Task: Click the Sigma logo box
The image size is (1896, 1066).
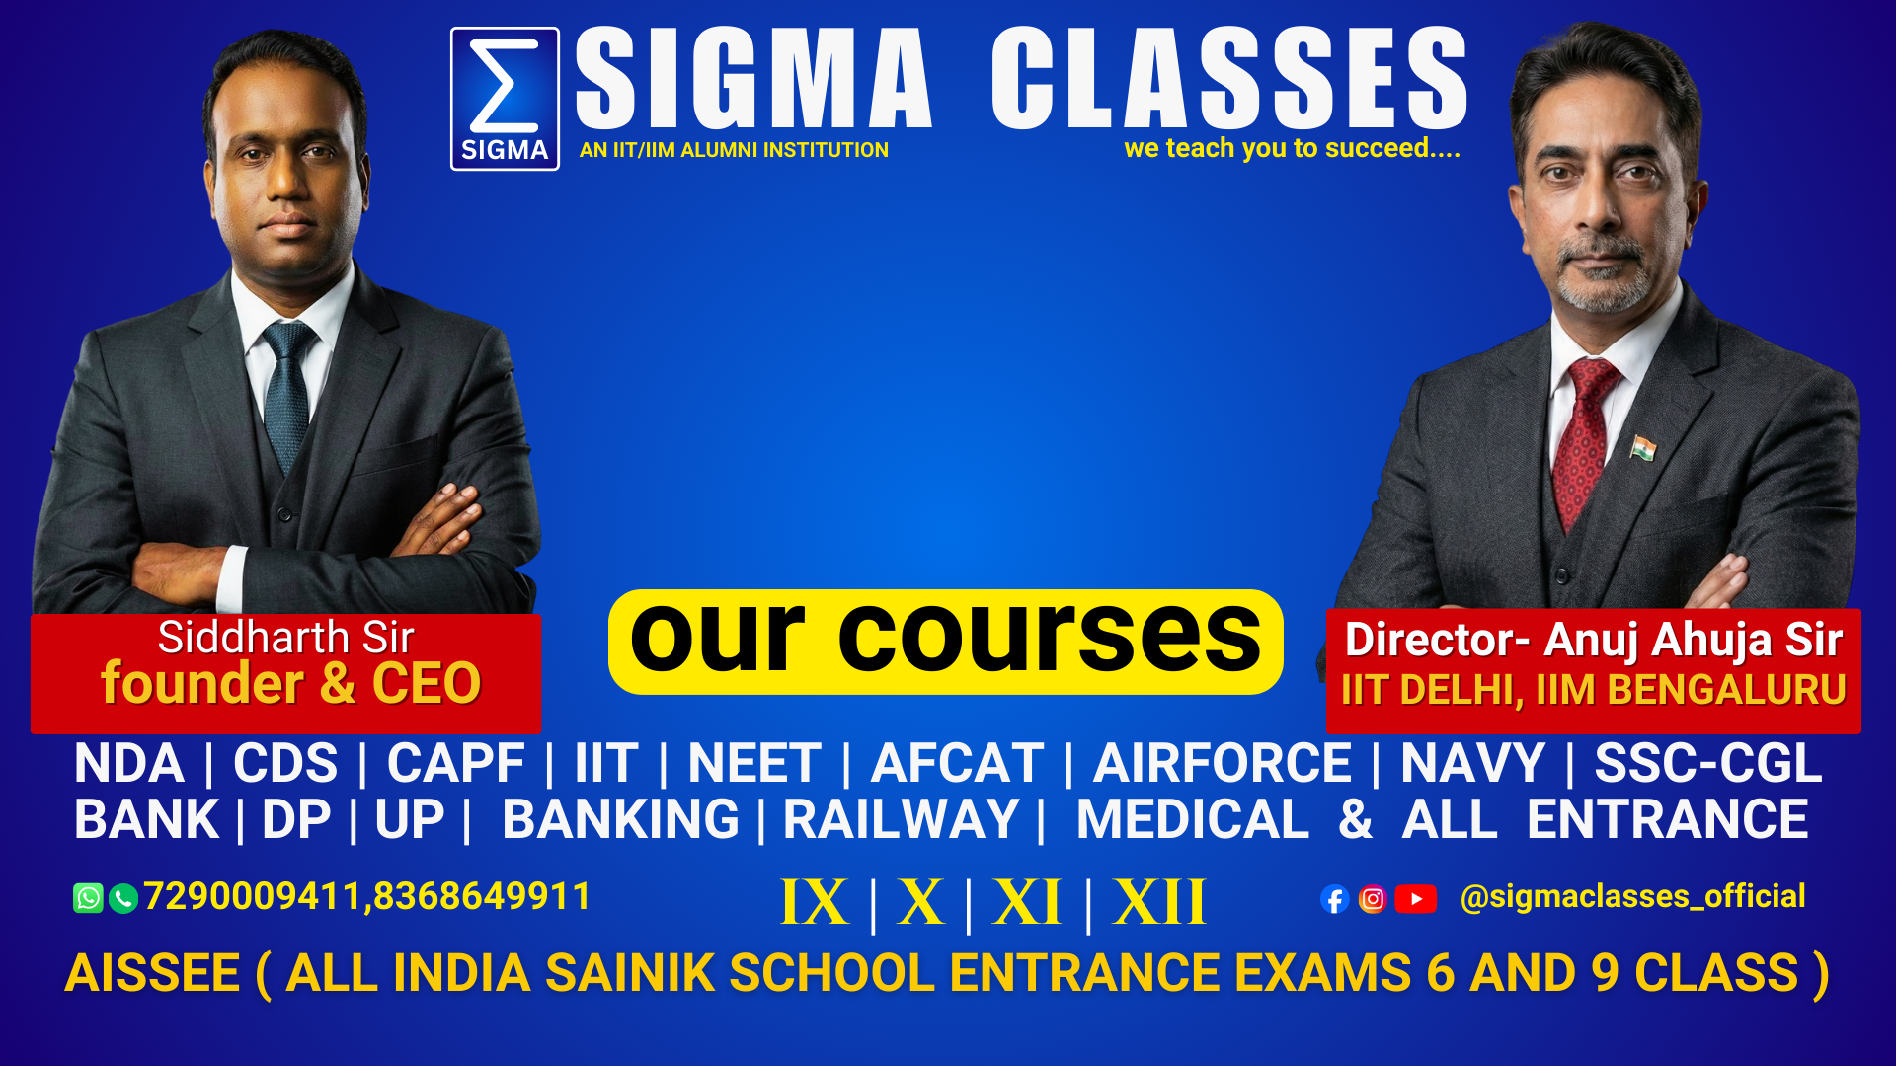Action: coord(505,99)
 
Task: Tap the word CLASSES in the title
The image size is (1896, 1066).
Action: coord(1229,78)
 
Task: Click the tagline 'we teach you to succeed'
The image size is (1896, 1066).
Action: coord(1292,148)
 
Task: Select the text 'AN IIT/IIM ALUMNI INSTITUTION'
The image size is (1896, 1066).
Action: coord(734,150)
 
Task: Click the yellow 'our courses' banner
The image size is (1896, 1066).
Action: coord(945,642)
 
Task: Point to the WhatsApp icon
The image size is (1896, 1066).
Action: coord(88,898)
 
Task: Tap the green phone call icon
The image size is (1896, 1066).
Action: coord(123,898)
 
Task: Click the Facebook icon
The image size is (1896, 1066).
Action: coord(1335,899)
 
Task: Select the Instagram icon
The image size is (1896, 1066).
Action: coord(1373,899)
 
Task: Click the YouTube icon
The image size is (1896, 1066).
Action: coord(1416,899)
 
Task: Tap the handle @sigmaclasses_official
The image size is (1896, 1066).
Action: coord(1632,897)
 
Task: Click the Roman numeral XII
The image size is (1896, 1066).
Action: coord(1159,902)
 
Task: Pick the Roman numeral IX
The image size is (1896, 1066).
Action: coord(815,902)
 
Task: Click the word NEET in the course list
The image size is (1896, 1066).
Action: coord(754,763)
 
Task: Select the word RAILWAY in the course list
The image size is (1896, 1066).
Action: coord(901,819)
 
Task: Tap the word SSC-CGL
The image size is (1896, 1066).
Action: coord(1708,763)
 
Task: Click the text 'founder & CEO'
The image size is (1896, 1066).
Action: coord(290,683)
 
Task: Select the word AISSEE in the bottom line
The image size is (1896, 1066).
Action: coord(152,973)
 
